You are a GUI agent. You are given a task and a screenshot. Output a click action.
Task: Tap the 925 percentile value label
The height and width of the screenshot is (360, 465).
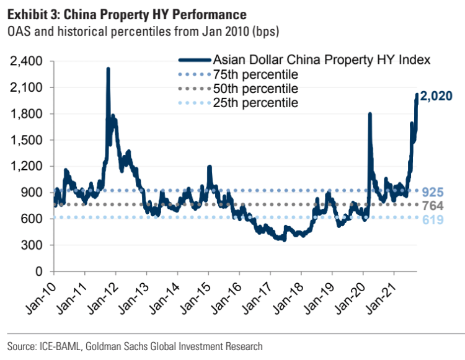pos(433,192)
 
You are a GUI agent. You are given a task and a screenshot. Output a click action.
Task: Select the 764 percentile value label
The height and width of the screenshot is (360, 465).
pos(433,206)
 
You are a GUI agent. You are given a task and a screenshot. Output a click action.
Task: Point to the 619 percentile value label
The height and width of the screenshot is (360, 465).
pos(433,219)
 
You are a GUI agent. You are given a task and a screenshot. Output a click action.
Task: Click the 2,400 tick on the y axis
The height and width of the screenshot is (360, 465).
pos(27,61)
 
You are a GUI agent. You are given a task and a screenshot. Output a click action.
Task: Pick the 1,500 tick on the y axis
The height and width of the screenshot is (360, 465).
pos(27,140)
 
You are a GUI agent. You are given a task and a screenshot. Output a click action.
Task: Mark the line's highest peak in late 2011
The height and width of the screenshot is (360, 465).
pos(108,69)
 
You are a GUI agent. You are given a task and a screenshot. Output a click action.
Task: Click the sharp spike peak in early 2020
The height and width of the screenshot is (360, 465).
pos(370,114)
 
